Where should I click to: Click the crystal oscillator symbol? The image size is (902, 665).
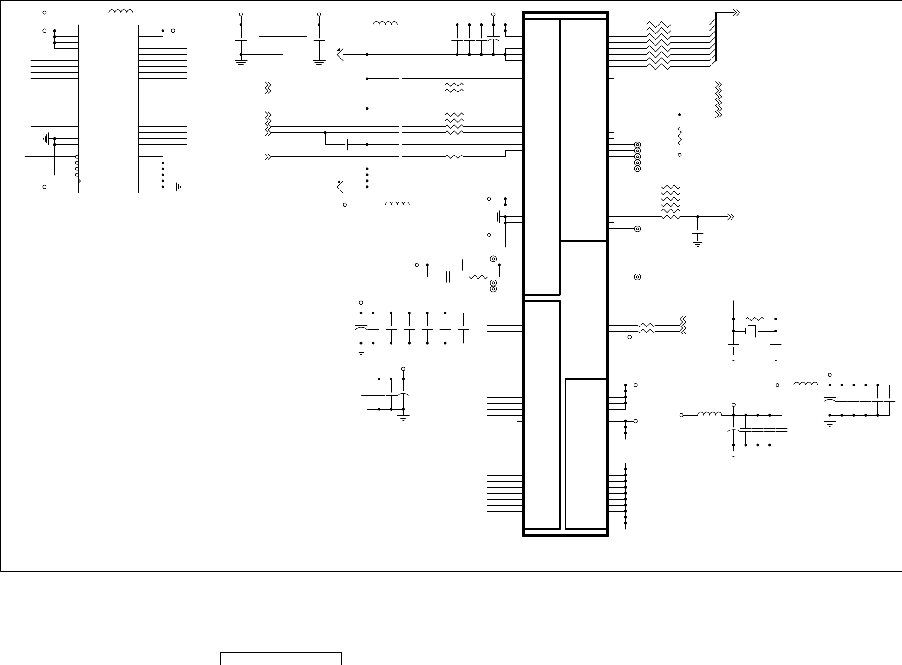pyautogui.click(x=752, y=331)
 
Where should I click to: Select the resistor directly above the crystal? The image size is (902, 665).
pyautogui.click(x=755, y=319)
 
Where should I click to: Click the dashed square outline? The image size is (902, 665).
pyautogui.click(x=716, y=151)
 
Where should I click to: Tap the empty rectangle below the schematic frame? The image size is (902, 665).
pyautogui.click(x=281, y=658)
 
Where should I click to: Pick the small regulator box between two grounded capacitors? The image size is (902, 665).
pyautogui.click(x=283, y=28)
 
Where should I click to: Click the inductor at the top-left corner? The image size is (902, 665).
pyautogui.click(x=121, y=12)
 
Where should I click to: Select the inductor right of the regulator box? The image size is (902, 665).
pyautogui.click(x=385, y=24)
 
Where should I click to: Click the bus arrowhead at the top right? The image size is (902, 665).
pyautogui.click(x=736, y=13)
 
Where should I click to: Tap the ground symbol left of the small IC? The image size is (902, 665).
pyautogui.click(x=47, y=138)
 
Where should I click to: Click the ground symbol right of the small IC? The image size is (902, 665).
pyautogui.click(x=177, y=187)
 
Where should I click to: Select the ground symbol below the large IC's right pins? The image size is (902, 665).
pyautogui.click(x=626, y=532)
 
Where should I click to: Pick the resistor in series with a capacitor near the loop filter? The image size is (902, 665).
pyautogui.click(x=477, y=278)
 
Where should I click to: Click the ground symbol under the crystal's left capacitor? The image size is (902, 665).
pyautogui.click(x=733, y=358)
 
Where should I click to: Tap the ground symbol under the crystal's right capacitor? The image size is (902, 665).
pyautogui.click(x=776, y=358)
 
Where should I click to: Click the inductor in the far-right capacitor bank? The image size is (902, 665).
pyautogui.click(x=806, y=385)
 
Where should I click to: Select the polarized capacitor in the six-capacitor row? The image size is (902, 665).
pyautogui.click(x=361, y=328)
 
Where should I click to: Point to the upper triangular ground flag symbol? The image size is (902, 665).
pyautogui.click(x=340, y=55)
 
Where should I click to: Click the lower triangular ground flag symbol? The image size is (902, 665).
pyautogui.click(x=340, y=187)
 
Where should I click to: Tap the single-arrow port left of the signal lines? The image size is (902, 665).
pyautogui.click(x=268, y=157)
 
